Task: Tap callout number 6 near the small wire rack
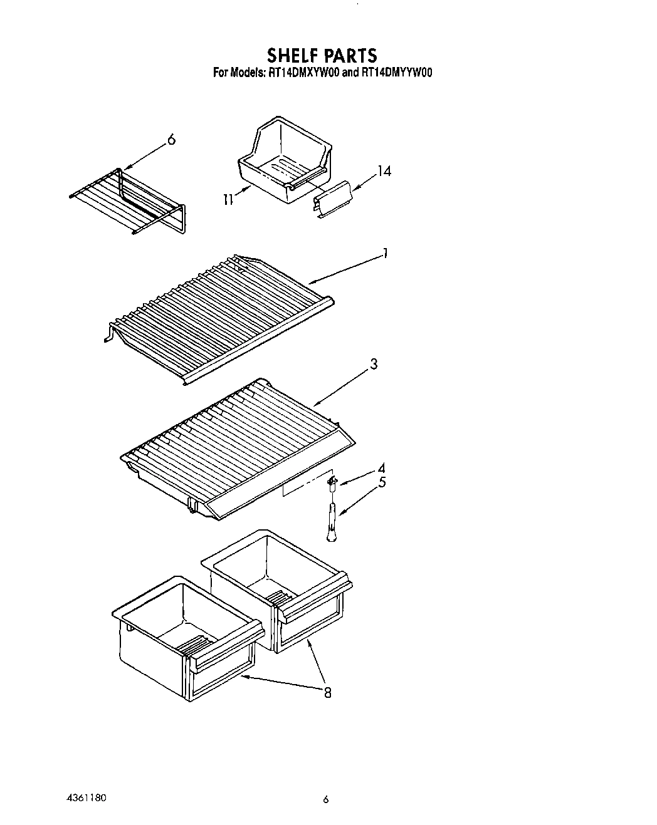[172, 140]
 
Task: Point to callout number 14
[384, 170]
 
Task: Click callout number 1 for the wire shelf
[386, 254]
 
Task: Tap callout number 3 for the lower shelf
[374, 364]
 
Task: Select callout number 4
[381, 468]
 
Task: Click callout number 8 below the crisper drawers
[327, 692]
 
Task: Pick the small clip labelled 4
[332, 481]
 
